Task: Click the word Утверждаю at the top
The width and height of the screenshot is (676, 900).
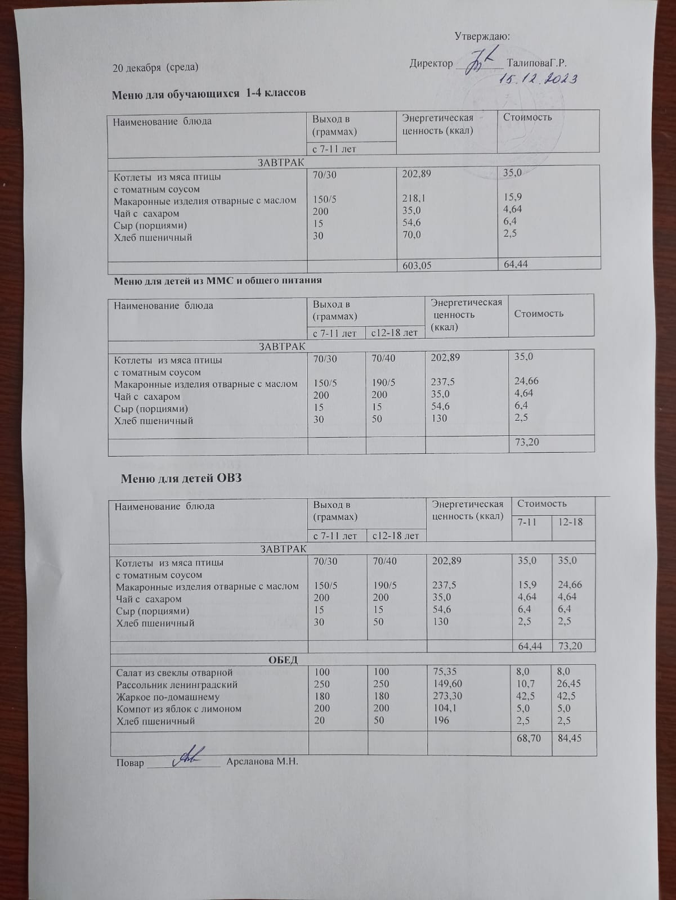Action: point(482,37)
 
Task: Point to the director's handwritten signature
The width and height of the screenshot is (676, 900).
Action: point(481,61)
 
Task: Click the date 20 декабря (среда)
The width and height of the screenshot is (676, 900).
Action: point(155,67)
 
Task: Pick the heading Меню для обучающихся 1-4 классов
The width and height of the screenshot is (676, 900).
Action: point(209,93)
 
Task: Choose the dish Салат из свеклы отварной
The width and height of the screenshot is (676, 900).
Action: point(174,673)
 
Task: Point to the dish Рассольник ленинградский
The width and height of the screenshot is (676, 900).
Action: point(177,685)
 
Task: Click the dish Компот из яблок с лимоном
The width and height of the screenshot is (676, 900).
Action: point(179,709)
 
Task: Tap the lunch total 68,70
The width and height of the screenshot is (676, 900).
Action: point(529,737)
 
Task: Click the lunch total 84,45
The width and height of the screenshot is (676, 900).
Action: point(568,737)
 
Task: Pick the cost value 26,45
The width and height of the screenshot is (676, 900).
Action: point(568,685)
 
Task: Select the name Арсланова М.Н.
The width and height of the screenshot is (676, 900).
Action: point(261,762)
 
